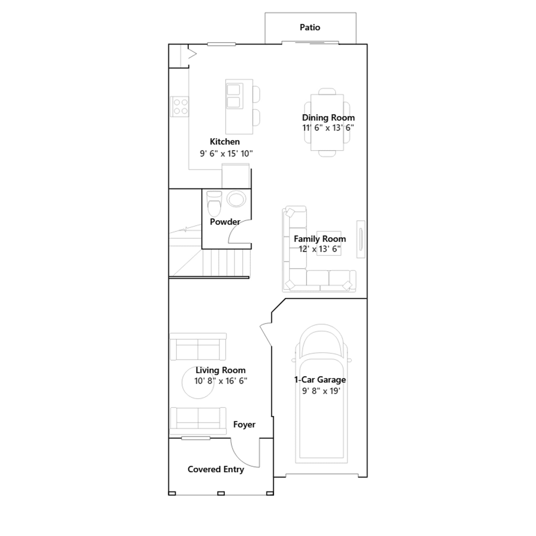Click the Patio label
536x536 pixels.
pos(310,27)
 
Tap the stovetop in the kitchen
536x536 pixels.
pos(180,107)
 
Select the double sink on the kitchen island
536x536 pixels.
pos(233,96)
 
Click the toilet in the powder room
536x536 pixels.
pos(214,203)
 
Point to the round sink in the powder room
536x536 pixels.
pos(237,199)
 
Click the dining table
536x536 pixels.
pos(327,123)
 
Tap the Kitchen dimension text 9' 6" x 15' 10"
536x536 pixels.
pos(226,153)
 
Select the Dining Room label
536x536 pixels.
pos(328,118)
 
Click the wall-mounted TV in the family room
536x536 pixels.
pos(361,239)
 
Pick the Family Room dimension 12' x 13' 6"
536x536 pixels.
pos(320,249)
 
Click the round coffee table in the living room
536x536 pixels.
pos(198,383)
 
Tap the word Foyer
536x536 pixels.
pos(244,424)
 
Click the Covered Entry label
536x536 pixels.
pos(216,469)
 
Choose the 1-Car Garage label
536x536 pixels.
pos(320,380)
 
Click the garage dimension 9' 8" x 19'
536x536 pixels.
pos(321,391)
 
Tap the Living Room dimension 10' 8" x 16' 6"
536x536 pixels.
pos(221,381)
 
